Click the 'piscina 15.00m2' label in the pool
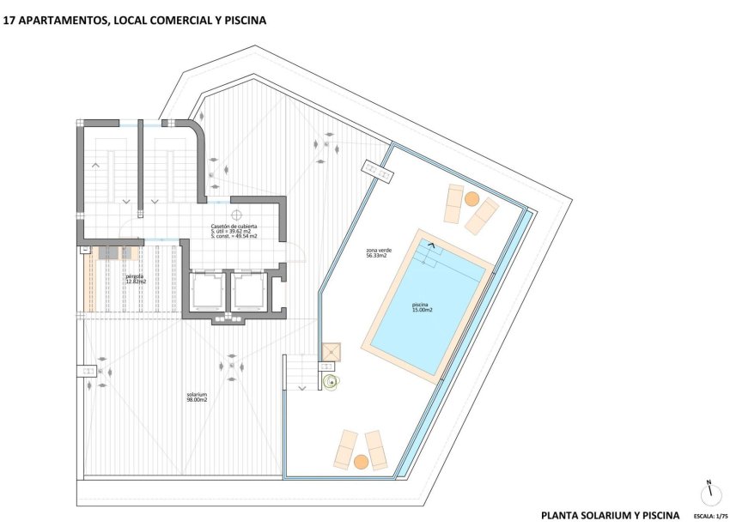click(x=422, y=306)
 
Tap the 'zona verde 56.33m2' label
click(x=376, y=253)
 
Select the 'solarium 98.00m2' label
click(x=198, y=397)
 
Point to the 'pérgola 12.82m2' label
click(x=136, y=279)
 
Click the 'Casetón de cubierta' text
click(x=234, y=226)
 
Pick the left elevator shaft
click(x=205, y=291)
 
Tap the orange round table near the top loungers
click(x=471, y=198)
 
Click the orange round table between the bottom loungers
click(x=362, y=462)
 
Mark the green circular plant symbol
click(x=331, y=381)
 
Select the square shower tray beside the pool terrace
click(x=332, y=353)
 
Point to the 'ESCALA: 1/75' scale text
click(x=709, y=517)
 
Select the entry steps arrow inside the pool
click(x=431, y=245)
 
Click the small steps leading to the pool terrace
click(x=301, y=373)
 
